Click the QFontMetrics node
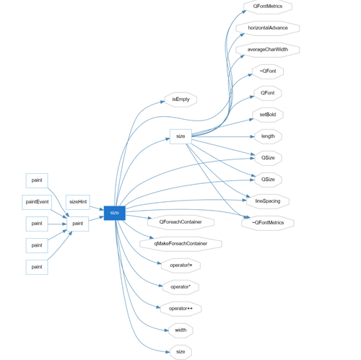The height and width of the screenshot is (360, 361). pos(267,6)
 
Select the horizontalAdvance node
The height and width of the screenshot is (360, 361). pos(267,28)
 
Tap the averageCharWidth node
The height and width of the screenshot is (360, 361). pos(267,50)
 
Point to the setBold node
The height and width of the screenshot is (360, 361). pos(267,115)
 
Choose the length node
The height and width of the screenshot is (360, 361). pos(267,136)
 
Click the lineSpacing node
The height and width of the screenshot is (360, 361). pos(267,201)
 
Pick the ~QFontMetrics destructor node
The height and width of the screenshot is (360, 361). pos(267,223)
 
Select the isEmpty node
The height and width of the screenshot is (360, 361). pos(180,100)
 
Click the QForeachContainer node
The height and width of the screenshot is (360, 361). pos(180,222)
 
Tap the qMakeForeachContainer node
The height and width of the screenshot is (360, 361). pos(180,244)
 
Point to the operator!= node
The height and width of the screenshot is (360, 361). pos(180,265)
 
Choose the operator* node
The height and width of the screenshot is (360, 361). pos(180,287)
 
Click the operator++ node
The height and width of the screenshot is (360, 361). pos(180,309)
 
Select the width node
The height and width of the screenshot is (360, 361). pos(180,330)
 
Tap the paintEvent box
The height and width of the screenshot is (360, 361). pos(37,202)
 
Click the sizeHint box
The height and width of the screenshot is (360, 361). pos(78,202)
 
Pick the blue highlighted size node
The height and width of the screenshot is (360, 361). pos(114,213)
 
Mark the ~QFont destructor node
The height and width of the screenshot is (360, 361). pos(267,71)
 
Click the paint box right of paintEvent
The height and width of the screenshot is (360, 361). pos(77,224)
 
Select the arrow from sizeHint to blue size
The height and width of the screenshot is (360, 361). pos(97,208)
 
